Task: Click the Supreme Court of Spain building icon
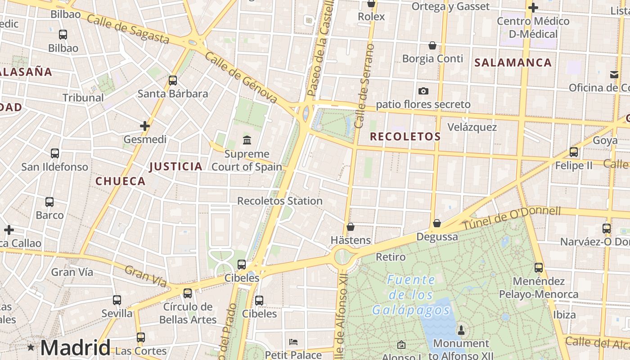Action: click(x=247, y=140)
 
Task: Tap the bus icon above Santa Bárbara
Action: click(x=173, y=81)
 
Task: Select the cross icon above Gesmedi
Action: click(x=144, y=126)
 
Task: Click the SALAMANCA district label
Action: click(x=513, y=63)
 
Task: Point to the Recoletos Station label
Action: click(x=279, y=201)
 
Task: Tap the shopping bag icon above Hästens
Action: click(x=350, y=227)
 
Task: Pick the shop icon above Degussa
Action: click(x=436, y=223)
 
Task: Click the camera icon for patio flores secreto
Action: click(x=423, y=91)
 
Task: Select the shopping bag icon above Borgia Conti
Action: click(x=432, y=45)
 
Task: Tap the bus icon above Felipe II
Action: click(x=573, y=152)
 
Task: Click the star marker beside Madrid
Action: click(x=31, y=347)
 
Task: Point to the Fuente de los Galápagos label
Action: click(x=411, y=295)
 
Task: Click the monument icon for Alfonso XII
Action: click(x=461, y=331)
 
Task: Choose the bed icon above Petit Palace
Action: click(x=293, y=342)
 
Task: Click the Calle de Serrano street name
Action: click(x=364, y=85)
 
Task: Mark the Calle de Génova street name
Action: click(x=241, y=76)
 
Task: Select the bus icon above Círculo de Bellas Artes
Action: click(x=188, y=293)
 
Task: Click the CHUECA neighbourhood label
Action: click(x=120, y=181)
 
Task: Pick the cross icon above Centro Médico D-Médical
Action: click(x=533, y=8)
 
